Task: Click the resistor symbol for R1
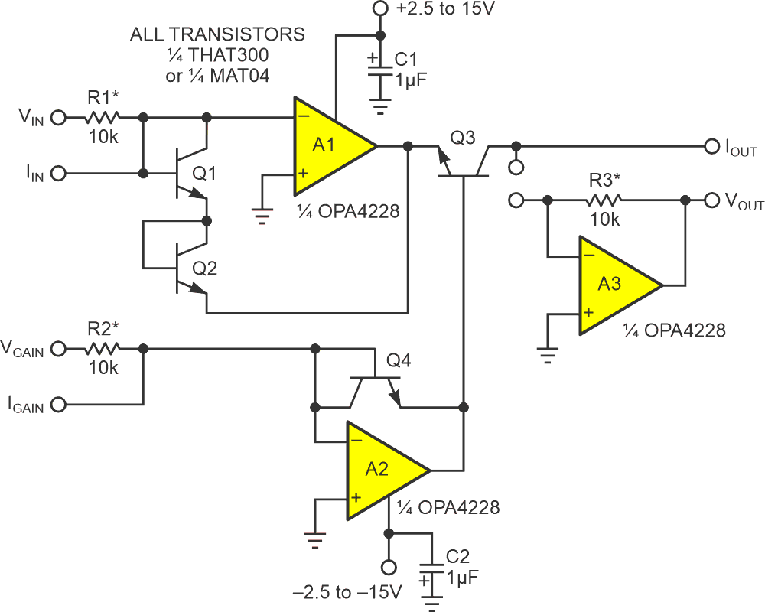(102, 118)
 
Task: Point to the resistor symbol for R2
(102, 348)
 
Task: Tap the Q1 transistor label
(204, 174)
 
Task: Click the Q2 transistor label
(204, 268)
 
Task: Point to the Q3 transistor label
(464, 138)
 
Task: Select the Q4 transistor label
(399, 360)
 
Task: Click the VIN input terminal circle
(60, 118)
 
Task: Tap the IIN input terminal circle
(60, 174)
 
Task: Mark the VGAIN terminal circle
(60, 348)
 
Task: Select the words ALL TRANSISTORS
(217, 35)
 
